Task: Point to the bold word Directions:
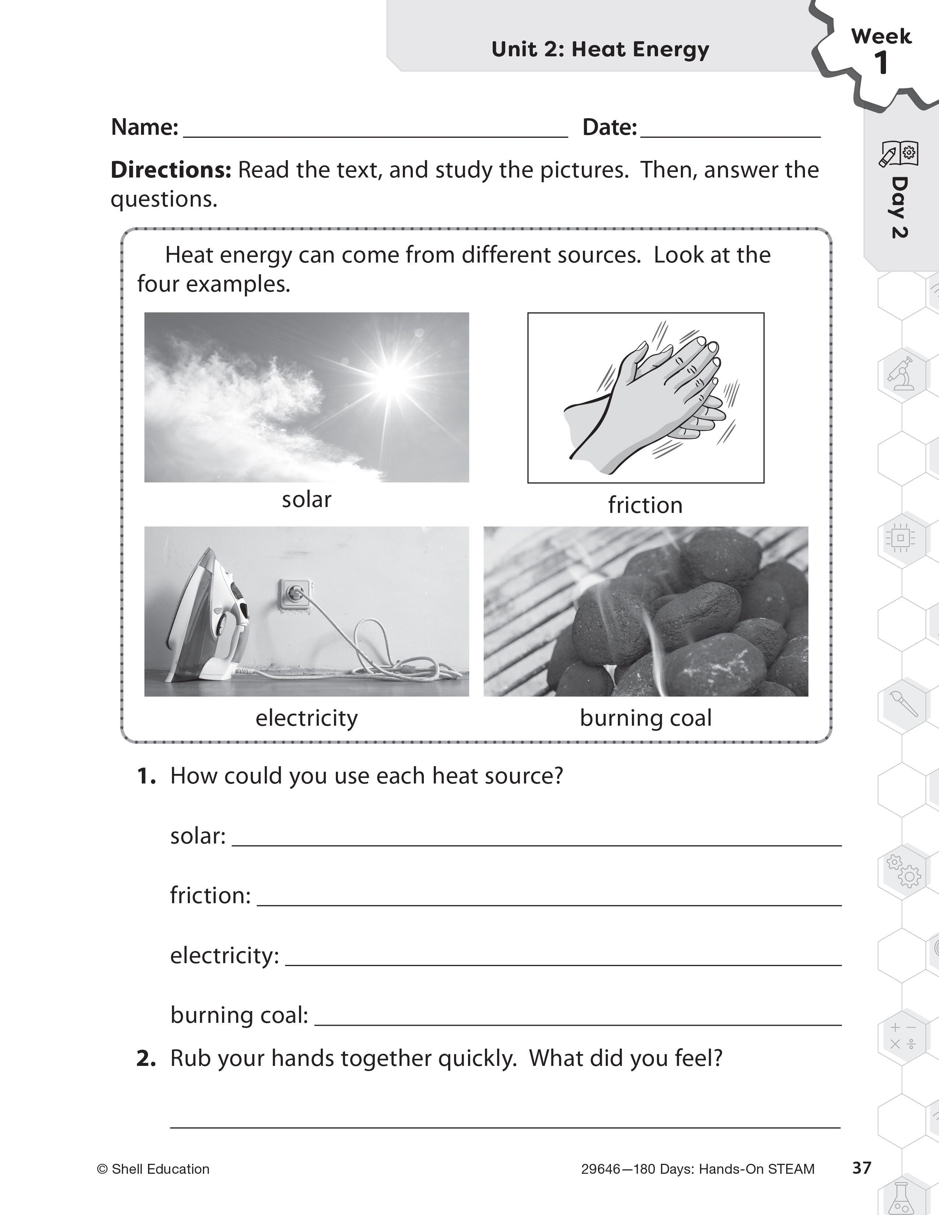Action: (171, 170)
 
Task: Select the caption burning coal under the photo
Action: (645, 718)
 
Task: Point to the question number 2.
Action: (146, 1058)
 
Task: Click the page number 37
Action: (861, 1168)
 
